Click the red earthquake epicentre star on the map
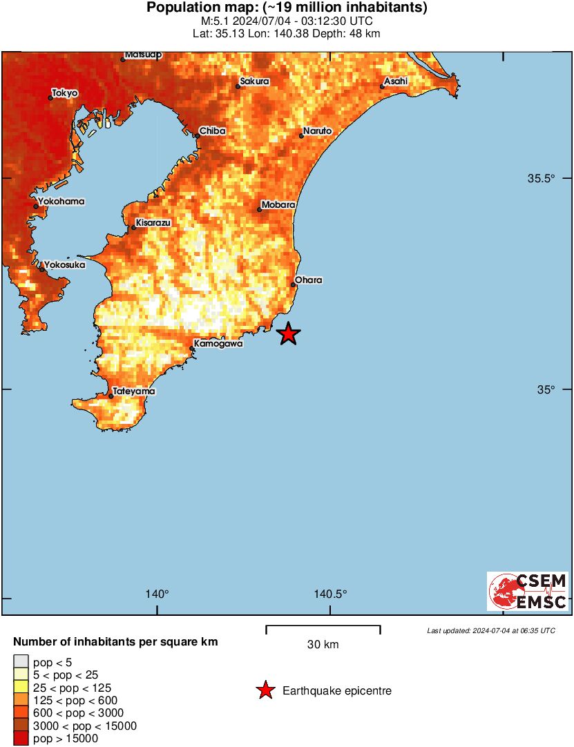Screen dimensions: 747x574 tap(289, 334)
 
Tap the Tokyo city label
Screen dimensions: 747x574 tap(65, 93)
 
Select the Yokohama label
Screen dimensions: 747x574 tap(62, 202)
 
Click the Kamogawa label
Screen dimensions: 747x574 tap(218, 343)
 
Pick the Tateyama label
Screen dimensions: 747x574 tap(134, 391)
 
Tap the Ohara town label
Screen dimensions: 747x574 tap(309, 280)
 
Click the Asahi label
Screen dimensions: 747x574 tap(396, 82)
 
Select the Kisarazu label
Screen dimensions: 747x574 tap(153, 223)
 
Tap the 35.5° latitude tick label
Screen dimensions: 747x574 tap(542, 179)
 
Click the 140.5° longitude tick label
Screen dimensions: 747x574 tap(330, 594)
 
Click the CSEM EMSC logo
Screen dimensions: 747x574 tap(528, 591)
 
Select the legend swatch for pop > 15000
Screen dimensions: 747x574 tap(21, 739)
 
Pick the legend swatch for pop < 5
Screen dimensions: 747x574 tap(21, 661)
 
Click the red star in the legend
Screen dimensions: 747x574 tap(265, 690)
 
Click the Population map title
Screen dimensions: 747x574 tap(287, 8)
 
